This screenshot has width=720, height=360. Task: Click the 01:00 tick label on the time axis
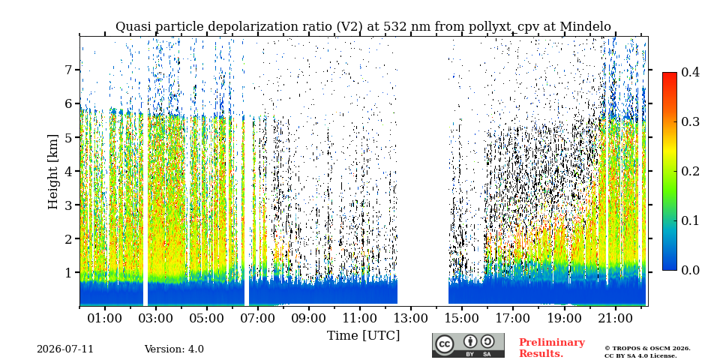point(105,318)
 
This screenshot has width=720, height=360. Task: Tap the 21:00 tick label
point(614,318)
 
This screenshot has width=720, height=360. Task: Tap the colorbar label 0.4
point(690,72)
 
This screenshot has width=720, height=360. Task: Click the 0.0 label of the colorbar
point(690,270)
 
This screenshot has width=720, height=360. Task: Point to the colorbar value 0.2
point(690,171)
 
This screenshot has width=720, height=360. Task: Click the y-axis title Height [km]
point(54,172)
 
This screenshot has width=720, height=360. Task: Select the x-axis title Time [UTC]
point(363,336)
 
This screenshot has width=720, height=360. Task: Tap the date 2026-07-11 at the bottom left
point(65,349)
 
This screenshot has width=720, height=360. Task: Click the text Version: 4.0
point(174,349)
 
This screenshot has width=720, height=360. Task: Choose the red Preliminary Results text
point(551,348)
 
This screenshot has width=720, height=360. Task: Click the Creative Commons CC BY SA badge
point(468,345)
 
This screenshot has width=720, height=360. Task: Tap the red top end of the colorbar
point(670,73)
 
